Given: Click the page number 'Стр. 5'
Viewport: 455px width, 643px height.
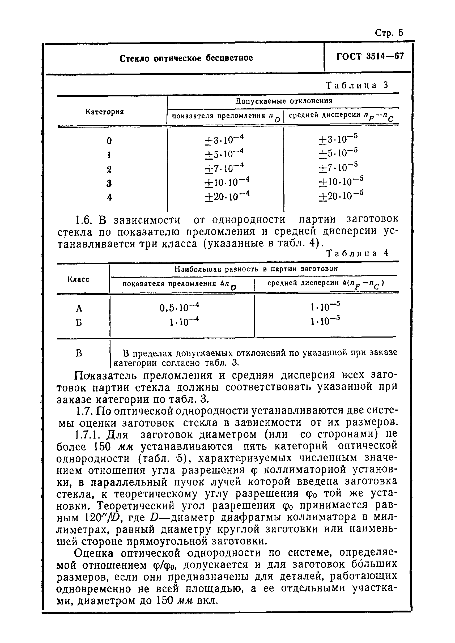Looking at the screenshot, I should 389,33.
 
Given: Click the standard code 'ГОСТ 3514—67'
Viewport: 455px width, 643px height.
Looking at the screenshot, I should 370,57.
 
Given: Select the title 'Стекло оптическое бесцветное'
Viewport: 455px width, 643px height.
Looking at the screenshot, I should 186,58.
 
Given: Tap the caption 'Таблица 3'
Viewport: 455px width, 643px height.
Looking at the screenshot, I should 358,86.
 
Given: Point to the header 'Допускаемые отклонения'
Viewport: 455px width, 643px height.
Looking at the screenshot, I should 283,101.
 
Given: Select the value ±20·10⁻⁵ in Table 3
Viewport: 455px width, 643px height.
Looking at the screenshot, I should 341,195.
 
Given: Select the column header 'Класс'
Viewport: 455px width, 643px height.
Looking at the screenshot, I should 78,279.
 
